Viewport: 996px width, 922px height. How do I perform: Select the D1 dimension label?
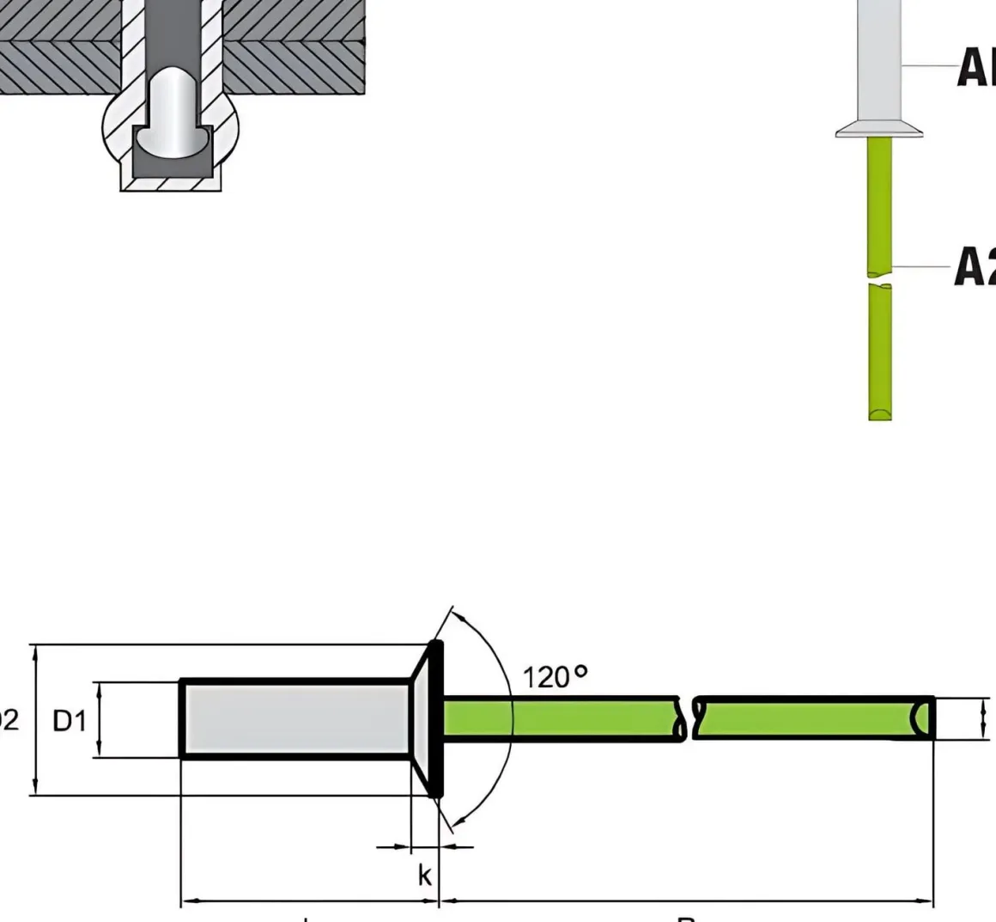pyautogui.click(x=70, y=721)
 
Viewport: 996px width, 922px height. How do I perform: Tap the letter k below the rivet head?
pyautogui.click(x=424, y=875)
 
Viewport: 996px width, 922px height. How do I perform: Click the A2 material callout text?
pyautogui.click(x=975, y=266)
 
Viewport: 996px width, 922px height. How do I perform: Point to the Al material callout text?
pyautogui.click(x=975, y=66)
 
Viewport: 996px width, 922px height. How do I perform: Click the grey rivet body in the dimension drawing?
pyautogui.click(x=295, y=719)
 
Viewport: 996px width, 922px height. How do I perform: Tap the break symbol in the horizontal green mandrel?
pyautogui.click(x=689, y=719)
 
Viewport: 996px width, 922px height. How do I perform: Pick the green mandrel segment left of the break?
pyautogui.click(x=562, y=719)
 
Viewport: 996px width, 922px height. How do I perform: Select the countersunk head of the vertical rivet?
pyautogui.click(x=879, y=129)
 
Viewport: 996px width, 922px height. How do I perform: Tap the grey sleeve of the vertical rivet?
pyautogui.click(x=879, y=60)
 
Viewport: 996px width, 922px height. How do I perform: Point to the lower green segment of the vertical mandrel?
pyautogui.click(x=879, y=352)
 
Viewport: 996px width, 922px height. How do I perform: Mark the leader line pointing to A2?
pyautogui.click(x=923, y=266)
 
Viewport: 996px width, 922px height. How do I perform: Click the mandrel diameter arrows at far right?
pyautogui.click(x=984, y=719)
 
